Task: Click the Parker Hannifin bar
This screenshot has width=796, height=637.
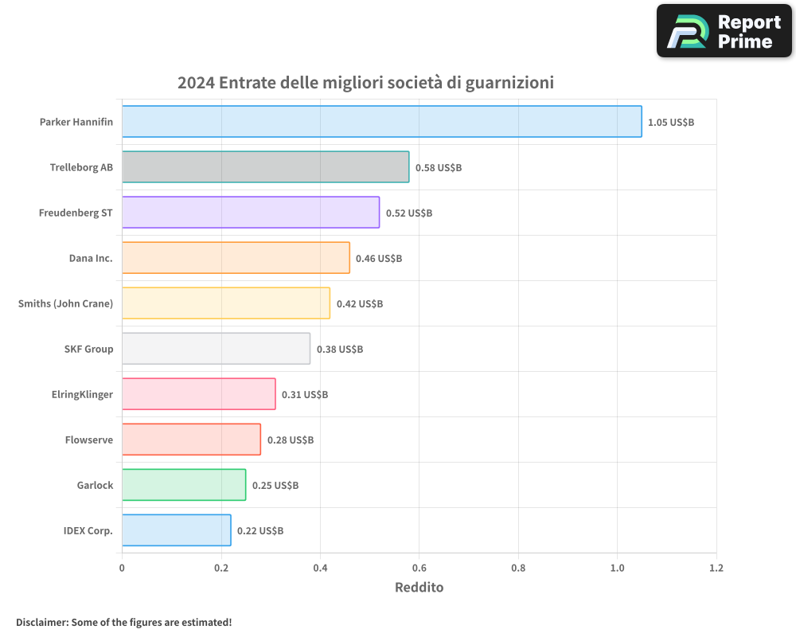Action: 381,122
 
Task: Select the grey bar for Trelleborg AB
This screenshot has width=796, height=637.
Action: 265,167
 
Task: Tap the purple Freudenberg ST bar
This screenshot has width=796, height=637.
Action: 251,213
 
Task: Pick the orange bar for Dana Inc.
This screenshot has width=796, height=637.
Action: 236,258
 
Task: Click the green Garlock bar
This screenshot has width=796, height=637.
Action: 184,485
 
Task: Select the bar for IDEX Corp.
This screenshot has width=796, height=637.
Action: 176,530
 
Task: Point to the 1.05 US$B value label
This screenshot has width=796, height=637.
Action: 671,123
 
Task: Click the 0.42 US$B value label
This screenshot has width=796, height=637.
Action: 360,304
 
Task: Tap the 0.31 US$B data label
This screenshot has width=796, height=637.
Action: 305,395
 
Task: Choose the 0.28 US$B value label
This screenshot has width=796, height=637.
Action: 291,440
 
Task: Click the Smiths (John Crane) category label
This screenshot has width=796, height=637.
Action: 65,303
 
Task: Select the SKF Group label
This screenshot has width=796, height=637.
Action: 88,349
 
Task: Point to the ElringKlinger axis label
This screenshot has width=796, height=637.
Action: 82,394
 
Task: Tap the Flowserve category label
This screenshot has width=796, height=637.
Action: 89,440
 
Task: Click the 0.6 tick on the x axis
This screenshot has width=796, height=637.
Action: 419,569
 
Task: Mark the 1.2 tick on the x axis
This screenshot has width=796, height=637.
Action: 716,569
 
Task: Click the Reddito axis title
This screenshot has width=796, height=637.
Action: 419,588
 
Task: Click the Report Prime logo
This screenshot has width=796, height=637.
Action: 724,31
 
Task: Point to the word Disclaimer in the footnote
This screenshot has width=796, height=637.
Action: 41,622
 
